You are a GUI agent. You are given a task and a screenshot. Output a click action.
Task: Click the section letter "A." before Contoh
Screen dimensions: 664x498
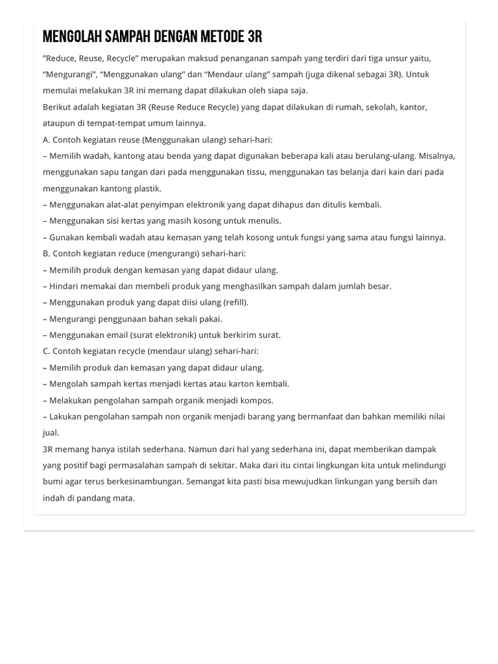tap(47, 139)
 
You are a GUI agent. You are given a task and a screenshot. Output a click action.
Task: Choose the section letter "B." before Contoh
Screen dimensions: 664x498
tap(47, 254)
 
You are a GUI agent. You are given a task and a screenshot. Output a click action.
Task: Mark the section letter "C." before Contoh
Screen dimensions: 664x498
tap(47, 351)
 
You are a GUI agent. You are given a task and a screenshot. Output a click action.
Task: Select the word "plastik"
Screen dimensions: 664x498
tap(147, 189)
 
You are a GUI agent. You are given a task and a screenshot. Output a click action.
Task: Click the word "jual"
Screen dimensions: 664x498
tap(51, 433)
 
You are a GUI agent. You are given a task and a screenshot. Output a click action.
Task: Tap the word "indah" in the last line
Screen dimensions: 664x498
tap(54, 498)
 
